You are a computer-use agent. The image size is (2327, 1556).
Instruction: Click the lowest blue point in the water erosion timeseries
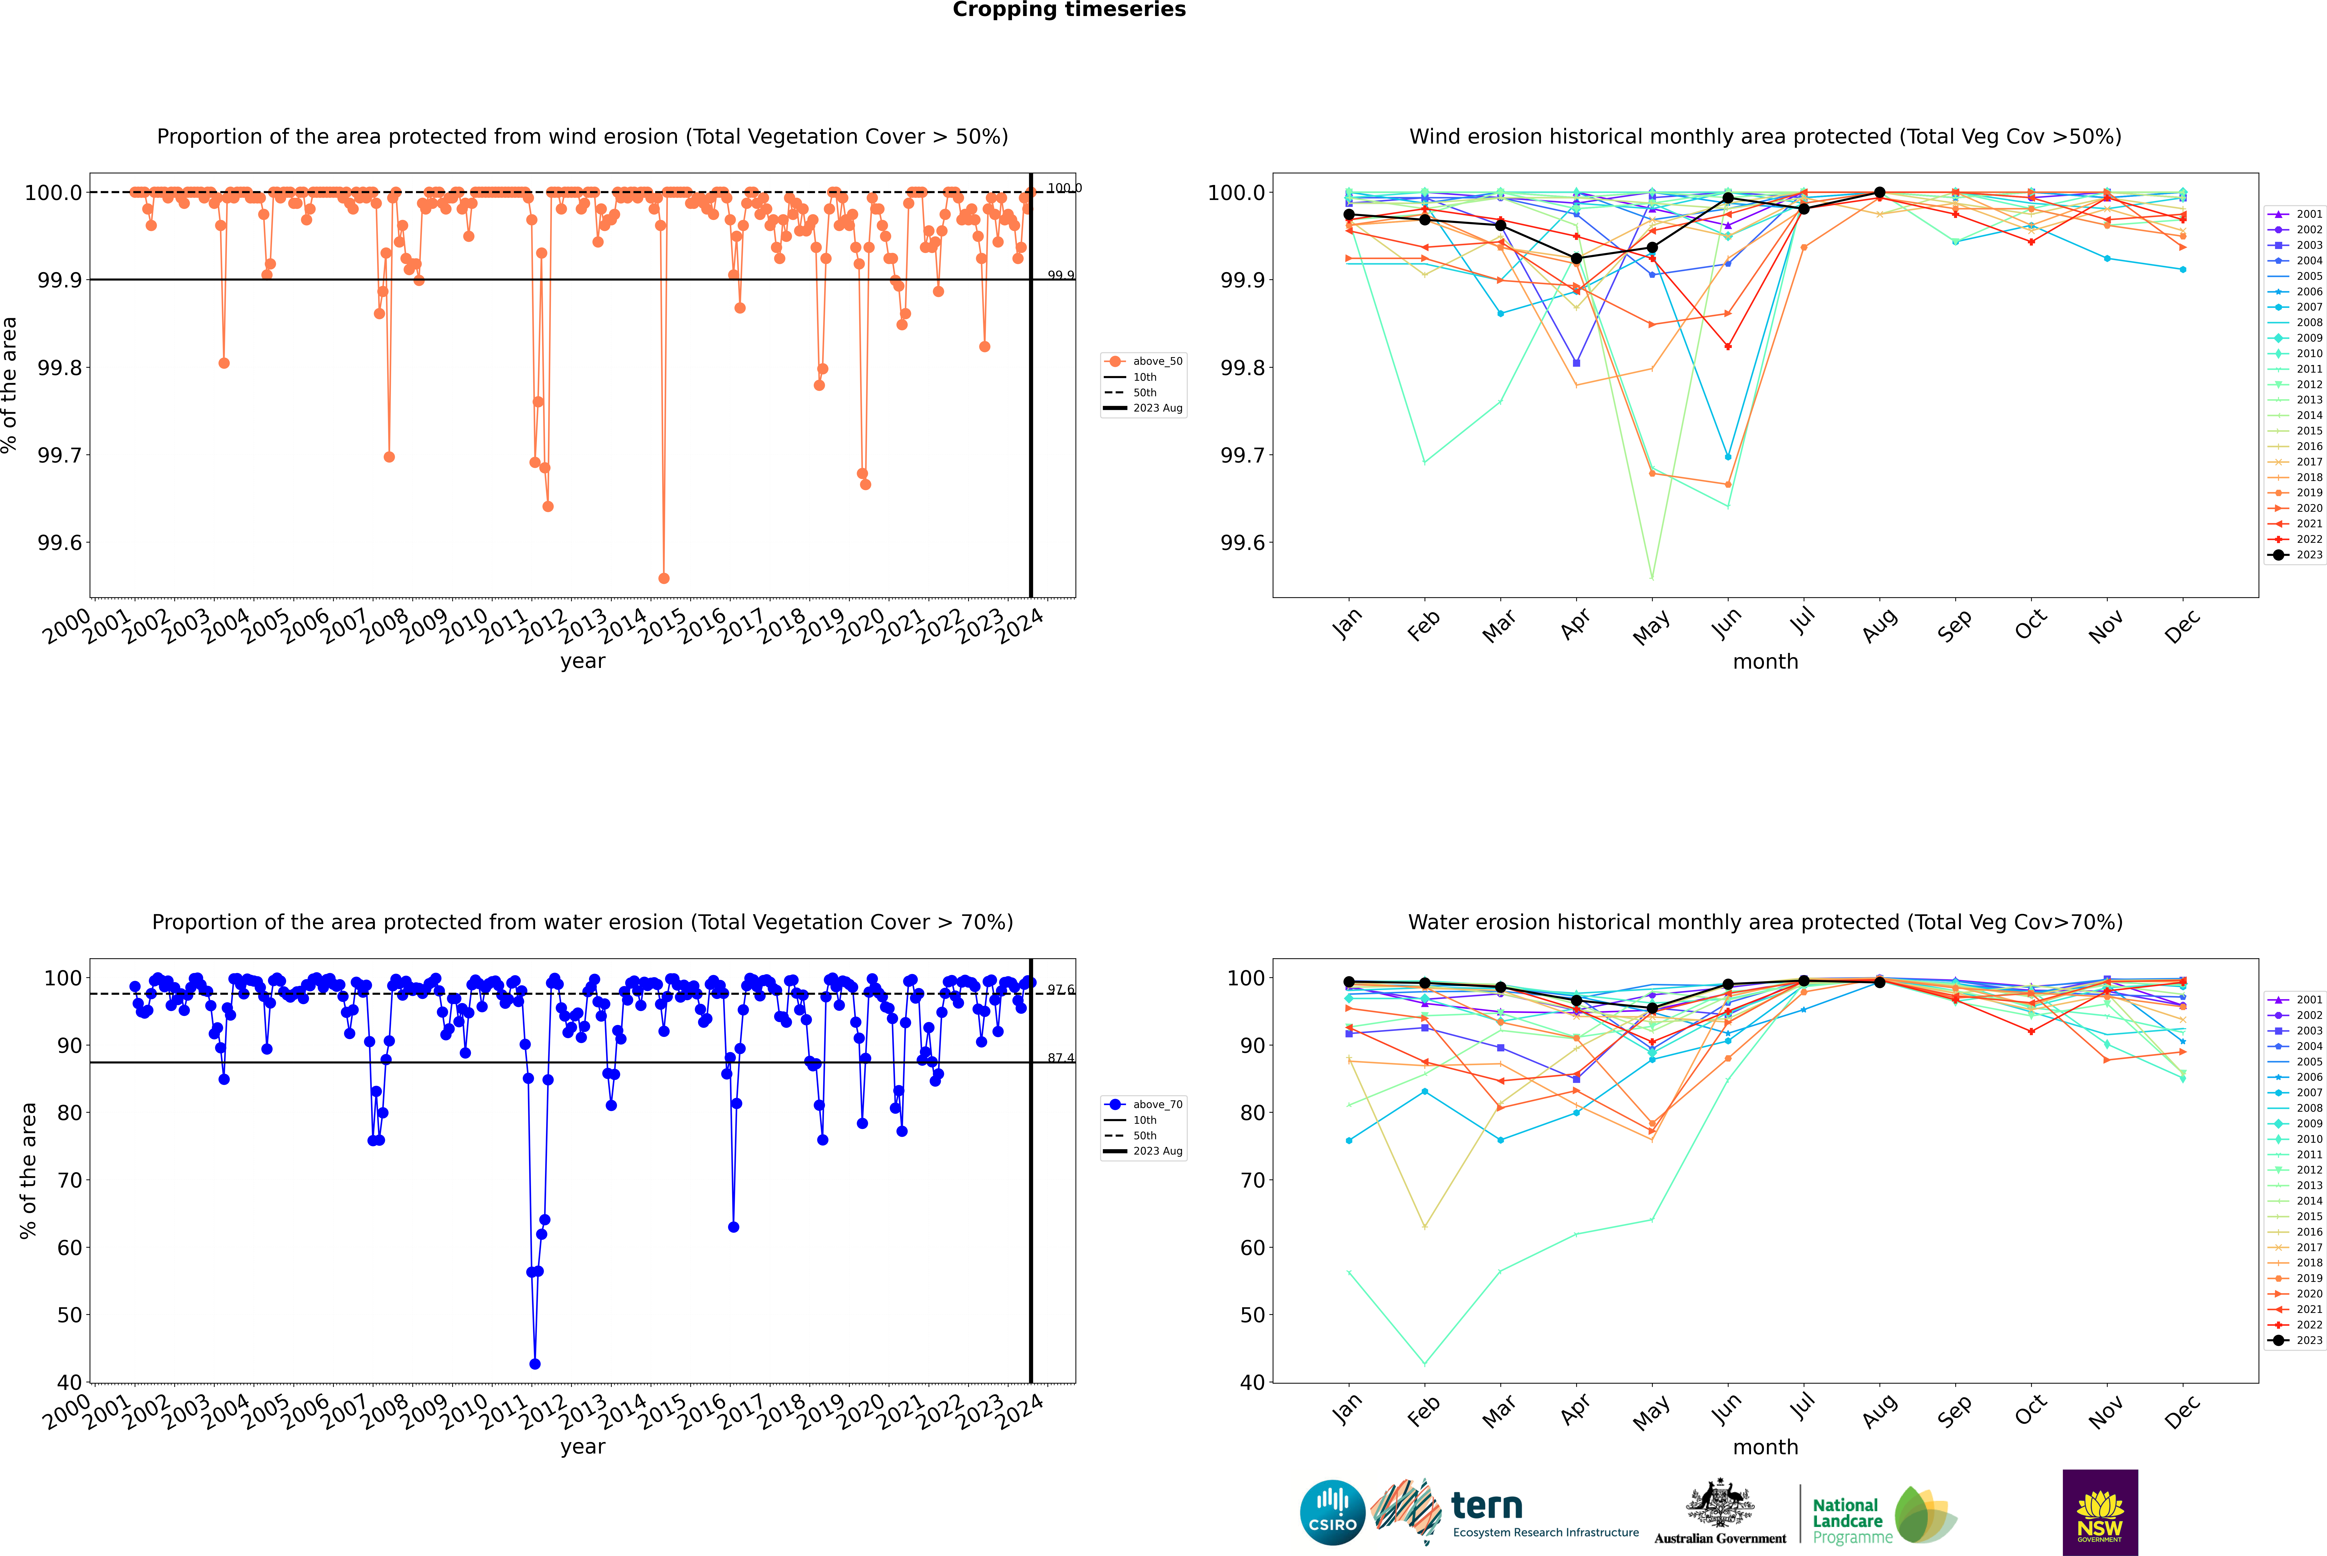pos(535,1363)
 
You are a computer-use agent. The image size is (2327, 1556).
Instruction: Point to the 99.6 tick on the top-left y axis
pos(60,543)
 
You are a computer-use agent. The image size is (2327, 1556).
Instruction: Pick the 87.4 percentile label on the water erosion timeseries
pos(1060,1058)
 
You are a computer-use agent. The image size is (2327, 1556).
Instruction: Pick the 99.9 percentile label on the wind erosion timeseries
pos(1060,275)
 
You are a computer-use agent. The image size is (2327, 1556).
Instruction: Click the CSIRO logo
pos(1332,1512)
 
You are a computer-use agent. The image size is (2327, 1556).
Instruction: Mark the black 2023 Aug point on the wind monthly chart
pos(1880,193)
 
